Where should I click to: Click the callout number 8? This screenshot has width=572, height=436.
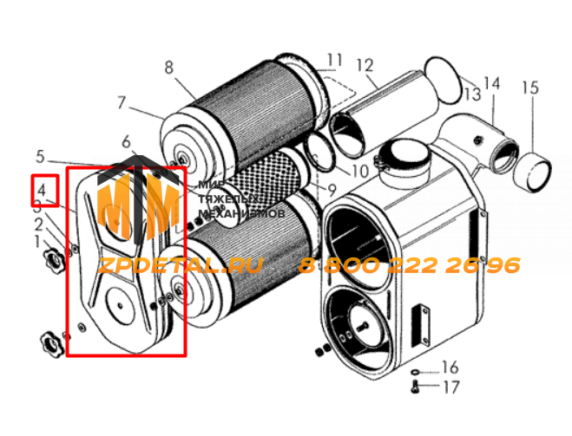(168, 68)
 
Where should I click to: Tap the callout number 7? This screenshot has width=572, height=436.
(122, 103)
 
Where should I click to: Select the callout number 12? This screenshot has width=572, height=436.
(365, 66)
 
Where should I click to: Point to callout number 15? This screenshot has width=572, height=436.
(530, 88)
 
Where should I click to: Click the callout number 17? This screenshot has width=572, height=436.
(451, 387)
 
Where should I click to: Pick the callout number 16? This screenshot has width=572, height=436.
(450, 368)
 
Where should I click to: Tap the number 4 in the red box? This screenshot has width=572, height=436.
(41, 190)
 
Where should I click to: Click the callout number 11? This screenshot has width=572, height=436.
(334, 61)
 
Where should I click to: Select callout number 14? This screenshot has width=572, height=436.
(492, 84)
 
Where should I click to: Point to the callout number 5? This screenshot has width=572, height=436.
(40, 157)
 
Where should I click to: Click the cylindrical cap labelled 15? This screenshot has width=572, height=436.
(532, 172)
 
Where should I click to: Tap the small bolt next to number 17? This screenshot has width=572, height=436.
(415, 387)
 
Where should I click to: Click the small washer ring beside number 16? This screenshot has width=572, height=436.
(415, 372)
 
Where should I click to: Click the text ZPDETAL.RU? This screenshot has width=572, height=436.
(181, 265)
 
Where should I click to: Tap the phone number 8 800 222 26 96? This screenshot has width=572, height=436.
(410, 265)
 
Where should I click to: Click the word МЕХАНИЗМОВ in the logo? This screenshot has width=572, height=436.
(241, 213)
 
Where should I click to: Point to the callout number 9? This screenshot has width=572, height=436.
(332, 190)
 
